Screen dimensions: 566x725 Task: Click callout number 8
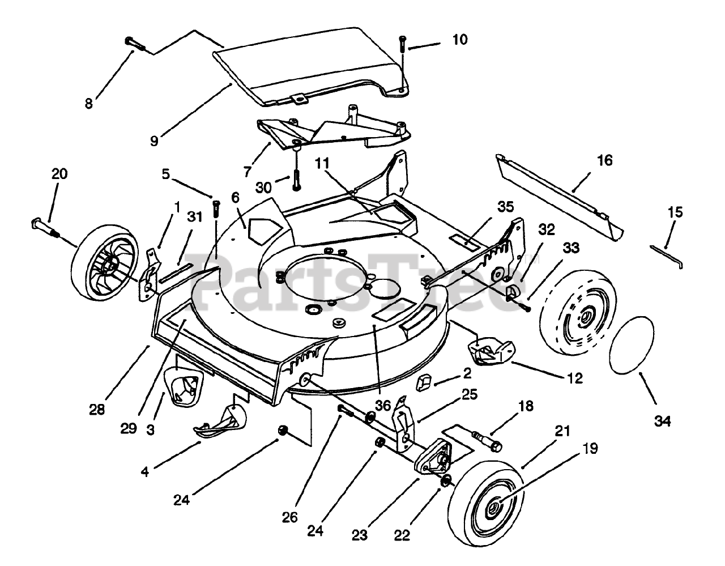coord(89,104)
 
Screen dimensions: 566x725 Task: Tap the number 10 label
coord(460,40)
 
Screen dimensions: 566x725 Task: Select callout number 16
coord(605,161)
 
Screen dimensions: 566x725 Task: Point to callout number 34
coord(663,421)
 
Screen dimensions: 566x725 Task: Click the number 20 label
coord(59,174)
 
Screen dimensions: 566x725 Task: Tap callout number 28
coord(97,409)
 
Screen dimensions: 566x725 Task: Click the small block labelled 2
coord(423,385)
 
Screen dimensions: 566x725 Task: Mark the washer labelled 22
coord(445,482)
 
